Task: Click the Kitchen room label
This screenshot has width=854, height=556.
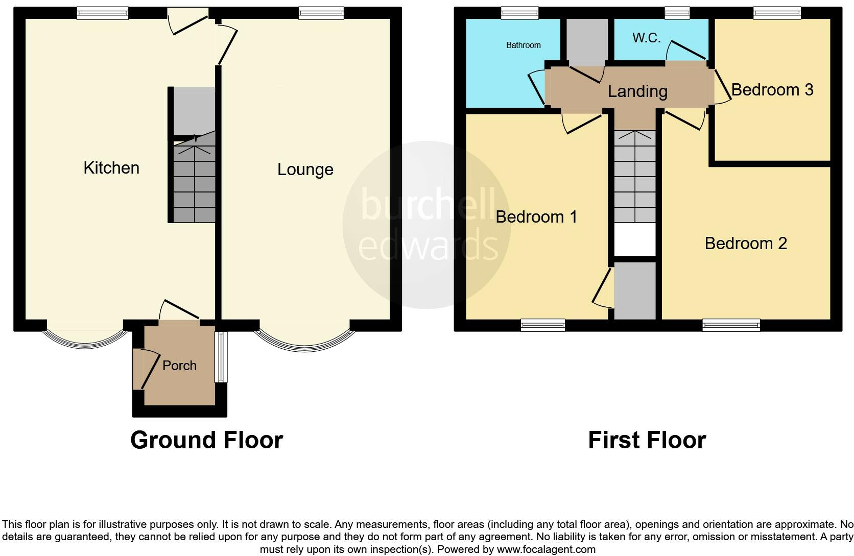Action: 111,168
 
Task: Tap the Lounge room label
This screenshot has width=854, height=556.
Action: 305,170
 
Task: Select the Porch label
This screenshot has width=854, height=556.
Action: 179,366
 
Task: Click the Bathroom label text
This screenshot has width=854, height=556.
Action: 523,45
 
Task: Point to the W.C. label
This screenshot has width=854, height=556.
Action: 646,38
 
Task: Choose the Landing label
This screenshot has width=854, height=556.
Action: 637,91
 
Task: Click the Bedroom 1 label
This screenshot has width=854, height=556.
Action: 536,217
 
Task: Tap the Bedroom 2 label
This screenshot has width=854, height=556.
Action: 745,244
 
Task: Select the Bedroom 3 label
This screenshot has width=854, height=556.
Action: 772,90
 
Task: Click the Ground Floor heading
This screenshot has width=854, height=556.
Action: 206,440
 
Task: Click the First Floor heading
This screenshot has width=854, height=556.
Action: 647,440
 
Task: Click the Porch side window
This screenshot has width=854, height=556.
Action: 220,357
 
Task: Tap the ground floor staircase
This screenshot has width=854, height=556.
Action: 194,184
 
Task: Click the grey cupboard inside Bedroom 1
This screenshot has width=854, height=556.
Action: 634,291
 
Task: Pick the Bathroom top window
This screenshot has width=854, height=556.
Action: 519,13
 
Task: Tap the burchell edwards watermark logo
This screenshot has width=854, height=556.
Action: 426,225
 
